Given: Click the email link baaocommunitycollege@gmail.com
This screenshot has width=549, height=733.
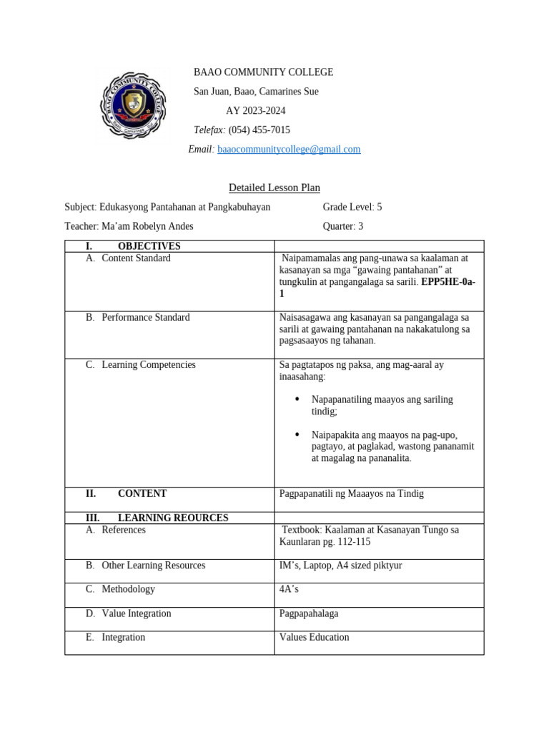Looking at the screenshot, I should click(x=289, y=150).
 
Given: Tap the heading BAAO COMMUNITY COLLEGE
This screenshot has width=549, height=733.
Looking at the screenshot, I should click(x=263, y=72).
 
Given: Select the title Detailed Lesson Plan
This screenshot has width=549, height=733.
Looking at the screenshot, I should click(x=274, y=188).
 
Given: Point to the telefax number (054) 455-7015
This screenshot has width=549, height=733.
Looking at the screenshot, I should click(x=259, y=130).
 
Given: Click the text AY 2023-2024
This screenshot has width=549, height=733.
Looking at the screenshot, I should click(x=255, y=111).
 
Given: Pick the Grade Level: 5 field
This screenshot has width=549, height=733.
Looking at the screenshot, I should click(x=352, y=207).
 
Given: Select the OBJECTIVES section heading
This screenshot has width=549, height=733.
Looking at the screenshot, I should click(x=149, y=246).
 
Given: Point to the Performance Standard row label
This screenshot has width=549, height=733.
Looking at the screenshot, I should click(x=146, y=317).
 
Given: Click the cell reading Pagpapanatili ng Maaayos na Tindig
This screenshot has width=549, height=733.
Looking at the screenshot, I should click(x=355, y=494).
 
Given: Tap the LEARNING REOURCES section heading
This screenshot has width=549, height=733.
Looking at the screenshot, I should click(x=172, y=518).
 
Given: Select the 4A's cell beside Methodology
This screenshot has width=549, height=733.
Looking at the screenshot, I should click(x=289, y=589).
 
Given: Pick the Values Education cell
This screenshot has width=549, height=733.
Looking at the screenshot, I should click(x=315, y=637).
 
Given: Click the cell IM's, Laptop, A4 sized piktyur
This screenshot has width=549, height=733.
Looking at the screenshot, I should click(x=341, y=565).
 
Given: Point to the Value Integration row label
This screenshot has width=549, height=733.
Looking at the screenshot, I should click(x=137, y=613).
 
